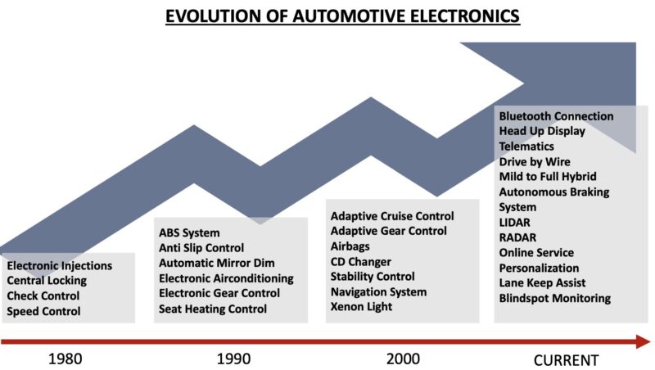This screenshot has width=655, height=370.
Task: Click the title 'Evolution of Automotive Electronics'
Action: click(x=342, y=16)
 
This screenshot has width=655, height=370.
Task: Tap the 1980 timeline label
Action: click(x=65, y=359)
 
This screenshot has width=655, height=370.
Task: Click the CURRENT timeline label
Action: click(x=566, y=359)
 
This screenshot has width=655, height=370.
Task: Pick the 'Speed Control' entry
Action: click(x=44, y=311)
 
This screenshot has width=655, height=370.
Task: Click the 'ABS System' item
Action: click(x=189, y=232)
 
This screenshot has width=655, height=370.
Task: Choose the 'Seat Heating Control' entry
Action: click(x=213, y=309)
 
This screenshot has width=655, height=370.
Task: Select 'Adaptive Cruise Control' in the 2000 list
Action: click(x=392, y=216)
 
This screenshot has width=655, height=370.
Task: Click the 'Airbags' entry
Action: click(x=350, y=246)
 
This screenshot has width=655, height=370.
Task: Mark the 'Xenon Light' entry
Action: click(x=362, y=306)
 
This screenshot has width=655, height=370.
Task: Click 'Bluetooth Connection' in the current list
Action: click(x=556, y=116)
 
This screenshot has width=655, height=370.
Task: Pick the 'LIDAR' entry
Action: click(x=516, y=223)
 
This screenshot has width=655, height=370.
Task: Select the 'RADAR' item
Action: click(x=517, y=237)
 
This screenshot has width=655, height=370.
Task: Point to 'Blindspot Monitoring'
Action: click(x=555, y=298)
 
